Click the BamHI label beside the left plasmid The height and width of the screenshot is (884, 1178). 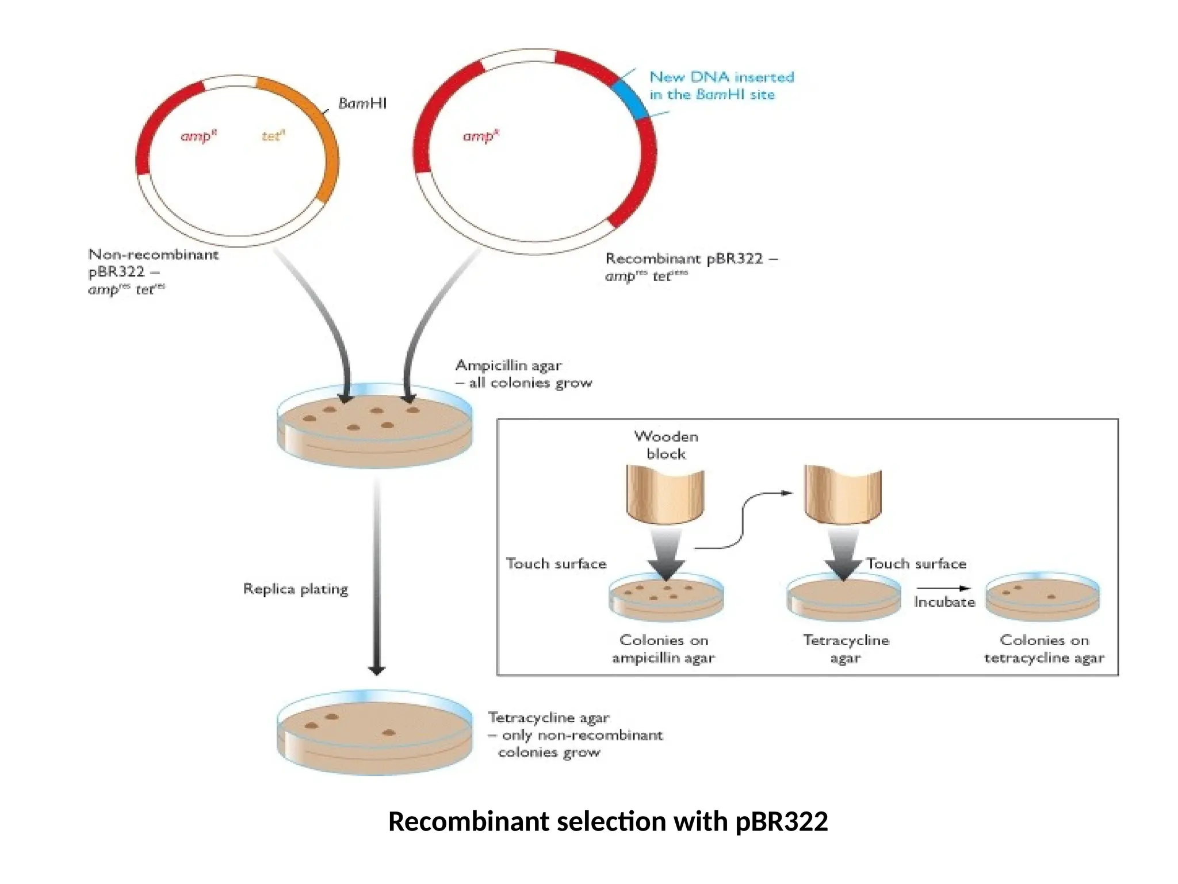(x=362, y=104)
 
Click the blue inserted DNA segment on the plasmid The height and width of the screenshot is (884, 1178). (x=629, y=100)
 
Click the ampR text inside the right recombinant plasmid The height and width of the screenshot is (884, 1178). (x=481, y=136)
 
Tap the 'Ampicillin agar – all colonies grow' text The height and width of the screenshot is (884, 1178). (x=523, y=374)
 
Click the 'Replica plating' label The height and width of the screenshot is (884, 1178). (x=296, y=589)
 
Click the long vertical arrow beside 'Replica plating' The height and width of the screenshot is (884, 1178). (x=377, y=576)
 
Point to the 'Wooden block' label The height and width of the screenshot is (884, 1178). (x=666, y=445)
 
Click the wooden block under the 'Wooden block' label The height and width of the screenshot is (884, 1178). (x=665, y=495)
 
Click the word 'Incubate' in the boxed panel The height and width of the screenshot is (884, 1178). (x=944, y=602)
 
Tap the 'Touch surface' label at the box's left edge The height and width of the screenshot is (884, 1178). (x=556, y=563)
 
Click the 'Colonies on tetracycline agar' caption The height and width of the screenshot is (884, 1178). (x=1043, y=649)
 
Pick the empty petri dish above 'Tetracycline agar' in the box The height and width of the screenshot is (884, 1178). (x=843, y=599)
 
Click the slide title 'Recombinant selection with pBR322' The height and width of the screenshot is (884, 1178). (x=607, y=821)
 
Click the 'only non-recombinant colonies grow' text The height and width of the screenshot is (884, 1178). (x=575, y=744)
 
